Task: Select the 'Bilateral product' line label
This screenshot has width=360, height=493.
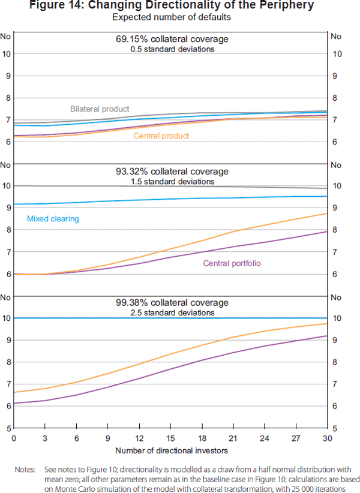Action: click(x=100, y=109)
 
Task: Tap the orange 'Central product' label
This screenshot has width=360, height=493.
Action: click(x=161, y=136)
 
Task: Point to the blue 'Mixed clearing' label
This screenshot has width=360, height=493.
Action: click(x=53, y=219)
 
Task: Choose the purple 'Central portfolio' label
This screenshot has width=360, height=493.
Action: click(x=232, y=263)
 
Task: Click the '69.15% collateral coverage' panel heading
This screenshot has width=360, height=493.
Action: click(x=172, y=39)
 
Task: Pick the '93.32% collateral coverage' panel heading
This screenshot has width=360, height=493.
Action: click(x=172, y=172)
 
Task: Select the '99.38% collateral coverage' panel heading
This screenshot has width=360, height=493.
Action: click(x=172, y=303)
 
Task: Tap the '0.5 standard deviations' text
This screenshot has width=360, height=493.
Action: click(x=172, y=49)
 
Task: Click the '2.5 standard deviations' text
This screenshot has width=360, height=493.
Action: click(x=172, y=312)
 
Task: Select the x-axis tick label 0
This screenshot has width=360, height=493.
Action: click(x=14, y=438)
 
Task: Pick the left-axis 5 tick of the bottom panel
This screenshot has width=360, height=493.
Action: click(x=7, y=428)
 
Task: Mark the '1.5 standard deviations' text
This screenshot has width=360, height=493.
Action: click(x=172, y=181)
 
